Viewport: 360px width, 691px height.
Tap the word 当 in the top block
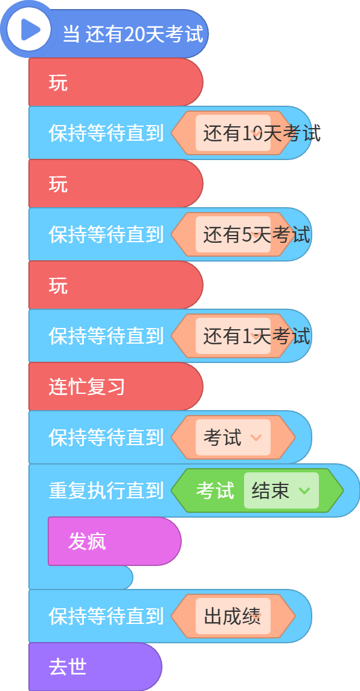71,34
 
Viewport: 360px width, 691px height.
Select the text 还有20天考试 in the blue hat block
144,34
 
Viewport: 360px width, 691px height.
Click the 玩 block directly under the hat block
115,82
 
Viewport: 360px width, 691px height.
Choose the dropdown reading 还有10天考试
233,133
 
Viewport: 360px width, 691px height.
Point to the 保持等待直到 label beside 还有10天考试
106,133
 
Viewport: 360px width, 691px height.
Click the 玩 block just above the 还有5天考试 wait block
115,184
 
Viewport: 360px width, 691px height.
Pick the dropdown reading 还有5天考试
233,234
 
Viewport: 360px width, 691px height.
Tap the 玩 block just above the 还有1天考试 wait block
115,284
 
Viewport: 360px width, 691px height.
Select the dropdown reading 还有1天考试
233,335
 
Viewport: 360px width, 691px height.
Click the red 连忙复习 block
115,387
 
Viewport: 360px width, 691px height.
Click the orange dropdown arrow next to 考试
256,437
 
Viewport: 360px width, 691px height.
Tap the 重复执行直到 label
106,490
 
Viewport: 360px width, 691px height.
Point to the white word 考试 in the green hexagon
215,490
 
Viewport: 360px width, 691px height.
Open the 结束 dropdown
281,490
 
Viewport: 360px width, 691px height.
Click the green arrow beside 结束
304,490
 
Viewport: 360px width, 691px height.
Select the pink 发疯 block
115,541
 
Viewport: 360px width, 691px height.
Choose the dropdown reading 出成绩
233,616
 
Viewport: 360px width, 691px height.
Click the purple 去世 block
95,667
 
